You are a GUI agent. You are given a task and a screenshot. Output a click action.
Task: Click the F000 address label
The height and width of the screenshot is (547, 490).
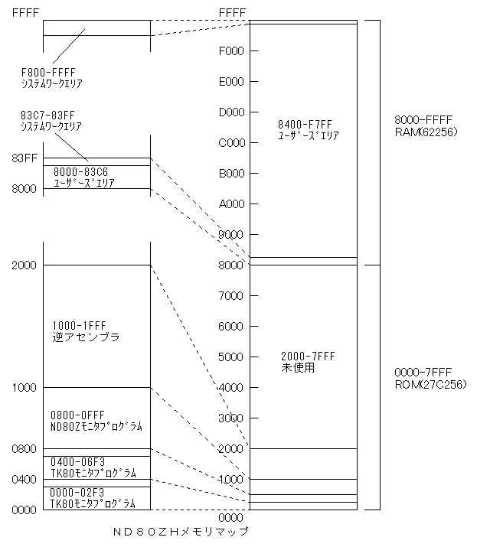231,51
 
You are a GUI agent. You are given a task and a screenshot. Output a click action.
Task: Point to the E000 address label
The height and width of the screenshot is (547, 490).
231,82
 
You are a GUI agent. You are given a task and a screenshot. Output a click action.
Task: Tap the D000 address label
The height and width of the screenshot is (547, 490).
231,112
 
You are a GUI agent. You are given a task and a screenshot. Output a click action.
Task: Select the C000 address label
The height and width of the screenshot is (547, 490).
231,143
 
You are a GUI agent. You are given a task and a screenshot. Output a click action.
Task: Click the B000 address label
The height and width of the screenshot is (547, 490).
231,174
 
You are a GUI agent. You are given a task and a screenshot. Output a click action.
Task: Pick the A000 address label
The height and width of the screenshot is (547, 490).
231,203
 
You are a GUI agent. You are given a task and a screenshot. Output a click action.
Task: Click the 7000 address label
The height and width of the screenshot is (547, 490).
230,296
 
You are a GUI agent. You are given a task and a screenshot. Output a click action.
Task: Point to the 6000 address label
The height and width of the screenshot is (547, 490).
230,327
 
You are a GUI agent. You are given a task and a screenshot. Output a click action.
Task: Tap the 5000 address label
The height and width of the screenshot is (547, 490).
230,357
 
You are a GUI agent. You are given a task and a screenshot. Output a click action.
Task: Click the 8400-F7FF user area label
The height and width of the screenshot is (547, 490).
309,130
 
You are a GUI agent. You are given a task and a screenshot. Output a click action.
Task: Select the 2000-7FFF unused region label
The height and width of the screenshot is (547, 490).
308,362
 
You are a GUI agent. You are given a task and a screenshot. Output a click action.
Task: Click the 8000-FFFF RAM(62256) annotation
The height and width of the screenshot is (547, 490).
426,126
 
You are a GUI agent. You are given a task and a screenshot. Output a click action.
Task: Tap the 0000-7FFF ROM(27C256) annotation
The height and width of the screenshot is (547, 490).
430,378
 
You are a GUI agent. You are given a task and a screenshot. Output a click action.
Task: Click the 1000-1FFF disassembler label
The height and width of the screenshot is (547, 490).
86,331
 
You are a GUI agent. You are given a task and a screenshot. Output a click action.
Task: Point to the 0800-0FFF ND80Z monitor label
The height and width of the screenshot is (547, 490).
96,421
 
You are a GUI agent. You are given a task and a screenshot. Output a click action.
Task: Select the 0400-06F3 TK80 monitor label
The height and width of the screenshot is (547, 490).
93,467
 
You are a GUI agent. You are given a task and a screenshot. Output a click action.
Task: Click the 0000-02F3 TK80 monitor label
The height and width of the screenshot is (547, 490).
93,498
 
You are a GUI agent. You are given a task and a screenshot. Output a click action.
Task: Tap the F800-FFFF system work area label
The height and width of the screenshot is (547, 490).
51,78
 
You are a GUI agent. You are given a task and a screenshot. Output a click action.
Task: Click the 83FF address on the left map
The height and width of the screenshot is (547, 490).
24,158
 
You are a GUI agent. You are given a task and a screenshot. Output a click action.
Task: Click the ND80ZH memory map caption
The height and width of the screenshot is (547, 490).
181,531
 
